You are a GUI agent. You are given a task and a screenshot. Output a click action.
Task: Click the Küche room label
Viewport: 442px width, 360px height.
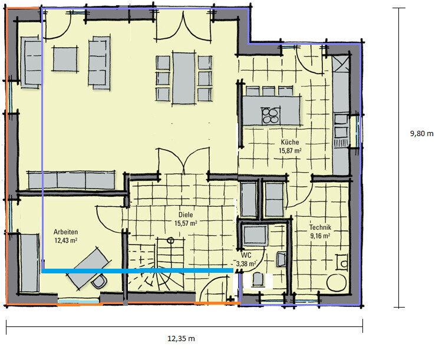tap(290, 142)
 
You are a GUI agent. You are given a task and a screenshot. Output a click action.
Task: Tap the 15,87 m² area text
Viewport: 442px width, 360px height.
tap(290, 151)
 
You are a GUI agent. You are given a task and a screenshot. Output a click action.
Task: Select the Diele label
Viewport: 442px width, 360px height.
tap(186, 215)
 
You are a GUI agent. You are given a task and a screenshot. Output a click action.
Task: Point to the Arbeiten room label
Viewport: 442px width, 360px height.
tap(65, 232)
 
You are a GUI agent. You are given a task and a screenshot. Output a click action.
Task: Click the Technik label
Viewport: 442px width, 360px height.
tap(320, 227)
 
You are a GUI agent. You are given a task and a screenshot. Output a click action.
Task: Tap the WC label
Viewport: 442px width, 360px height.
tap(246, 256)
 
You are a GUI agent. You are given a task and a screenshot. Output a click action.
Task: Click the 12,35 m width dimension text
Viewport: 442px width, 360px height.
tap(181, 338)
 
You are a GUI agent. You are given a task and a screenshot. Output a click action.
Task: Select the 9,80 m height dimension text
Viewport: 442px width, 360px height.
tap(422, 133)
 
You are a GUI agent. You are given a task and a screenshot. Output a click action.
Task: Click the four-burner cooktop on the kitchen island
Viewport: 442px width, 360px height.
tap(271, 115)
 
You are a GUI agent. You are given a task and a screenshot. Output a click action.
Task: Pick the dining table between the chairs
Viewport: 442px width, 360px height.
tap(184, 78)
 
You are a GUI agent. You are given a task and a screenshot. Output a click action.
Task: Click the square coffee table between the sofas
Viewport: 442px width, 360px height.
tap(65, 59)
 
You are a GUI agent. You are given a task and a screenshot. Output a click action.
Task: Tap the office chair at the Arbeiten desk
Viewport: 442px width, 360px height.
tap(99, 282)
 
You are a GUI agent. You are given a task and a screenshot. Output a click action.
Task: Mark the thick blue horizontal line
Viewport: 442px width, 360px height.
tap(137, 270)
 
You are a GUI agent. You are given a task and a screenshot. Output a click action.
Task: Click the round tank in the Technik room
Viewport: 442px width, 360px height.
tap(337, 282)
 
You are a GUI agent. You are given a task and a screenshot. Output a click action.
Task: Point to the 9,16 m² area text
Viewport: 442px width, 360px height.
tap(320, 236)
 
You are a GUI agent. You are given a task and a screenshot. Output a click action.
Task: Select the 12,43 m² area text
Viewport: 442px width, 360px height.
tap(65, 240)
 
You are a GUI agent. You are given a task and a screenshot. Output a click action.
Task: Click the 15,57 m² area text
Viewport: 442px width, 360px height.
tap(186, 223)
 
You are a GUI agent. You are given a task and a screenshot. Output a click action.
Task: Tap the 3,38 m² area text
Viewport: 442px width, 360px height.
tap(246, 264)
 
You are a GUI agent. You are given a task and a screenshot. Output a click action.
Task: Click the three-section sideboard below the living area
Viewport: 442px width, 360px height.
tap(71, 180)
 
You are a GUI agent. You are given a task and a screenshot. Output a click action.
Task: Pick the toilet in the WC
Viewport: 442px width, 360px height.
tap(258, 279)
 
